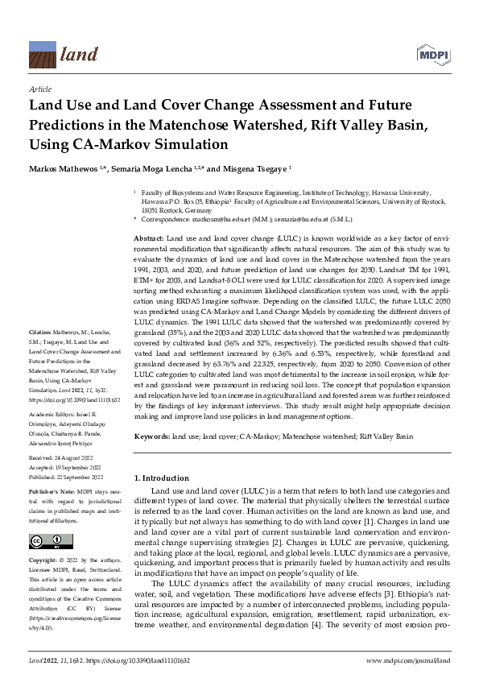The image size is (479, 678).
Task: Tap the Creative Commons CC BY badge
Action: tap(47, 540)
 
